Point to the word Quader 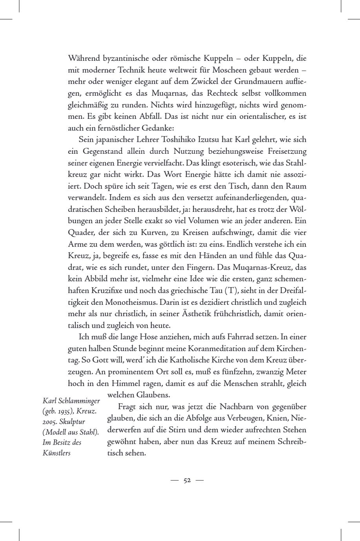[x=80, y=233]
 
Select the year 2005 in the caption [x=51, y=422]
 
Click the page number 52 [x=187, y=481]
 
